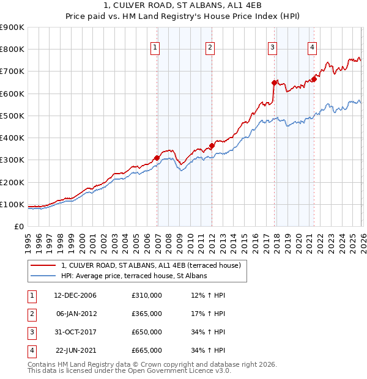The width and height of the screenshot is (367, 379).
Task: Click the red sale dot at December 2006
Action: [x=157, y=158]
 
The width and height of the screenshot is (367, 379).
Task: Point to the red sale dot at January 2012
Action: [x=212, y=145]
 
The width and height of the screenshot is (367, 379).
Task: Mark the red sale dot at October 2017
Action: [x=275, y=83]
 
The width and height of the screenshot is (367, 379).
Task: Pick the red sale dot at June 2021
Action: [x=314, y=79]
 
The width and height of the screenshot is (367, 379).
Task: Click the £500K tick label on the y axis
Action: [x=12, y=116]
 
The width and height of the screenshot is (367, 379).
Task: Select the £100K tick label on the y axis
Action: [x=12, y=204]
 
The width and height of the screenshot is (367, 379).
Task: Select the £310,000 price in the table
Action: [x=147, y=295]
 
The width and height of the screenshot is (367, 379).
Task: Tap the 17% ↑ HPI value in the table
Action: [x=208, y=314]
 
